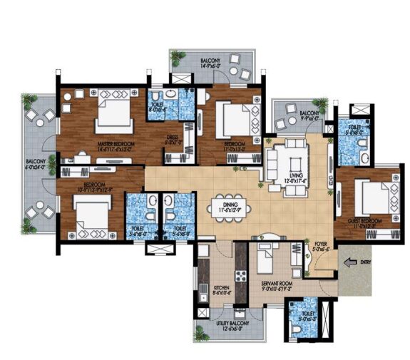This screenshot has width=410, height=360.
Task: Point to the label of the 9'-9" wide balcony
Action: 309,115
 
